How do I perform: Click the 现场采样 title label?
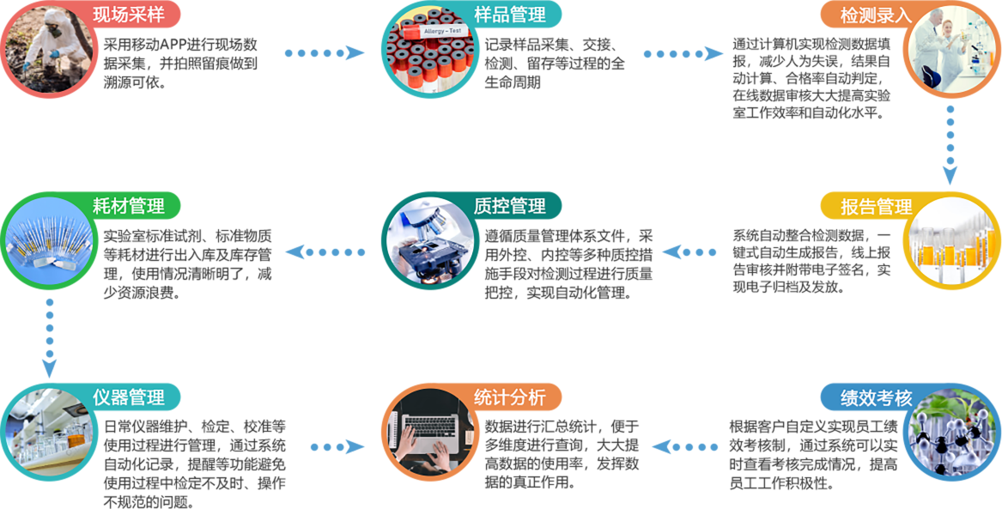click(128, 13)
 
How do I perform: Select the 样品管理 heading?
click(509, 14)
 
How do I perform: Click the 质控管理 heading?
click(509, 206)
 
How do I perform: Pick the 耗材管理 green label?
click(129, 206)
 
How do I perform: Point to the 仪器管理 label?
click(129, 397)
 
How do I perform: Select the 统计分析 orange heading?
click(509, 397)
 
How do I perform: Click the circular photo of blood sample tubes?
click(425, 53)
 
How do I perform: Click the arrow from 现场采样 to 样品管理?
click(325, 53)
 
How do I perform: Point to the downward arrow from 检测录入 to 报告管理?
click(949, 146)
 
